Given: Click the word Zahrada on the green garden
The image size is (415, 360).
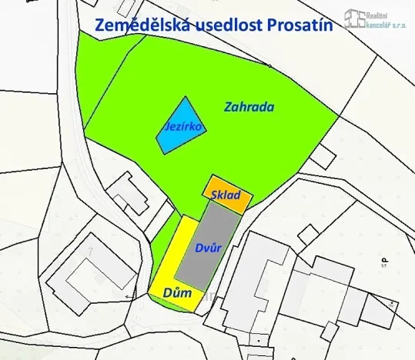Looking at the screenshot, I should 250,107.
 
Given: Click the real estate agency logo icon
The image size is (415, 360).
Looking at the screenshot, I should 354,18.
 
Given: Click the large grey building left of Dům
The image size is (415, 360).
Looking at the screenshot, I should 86,273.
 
